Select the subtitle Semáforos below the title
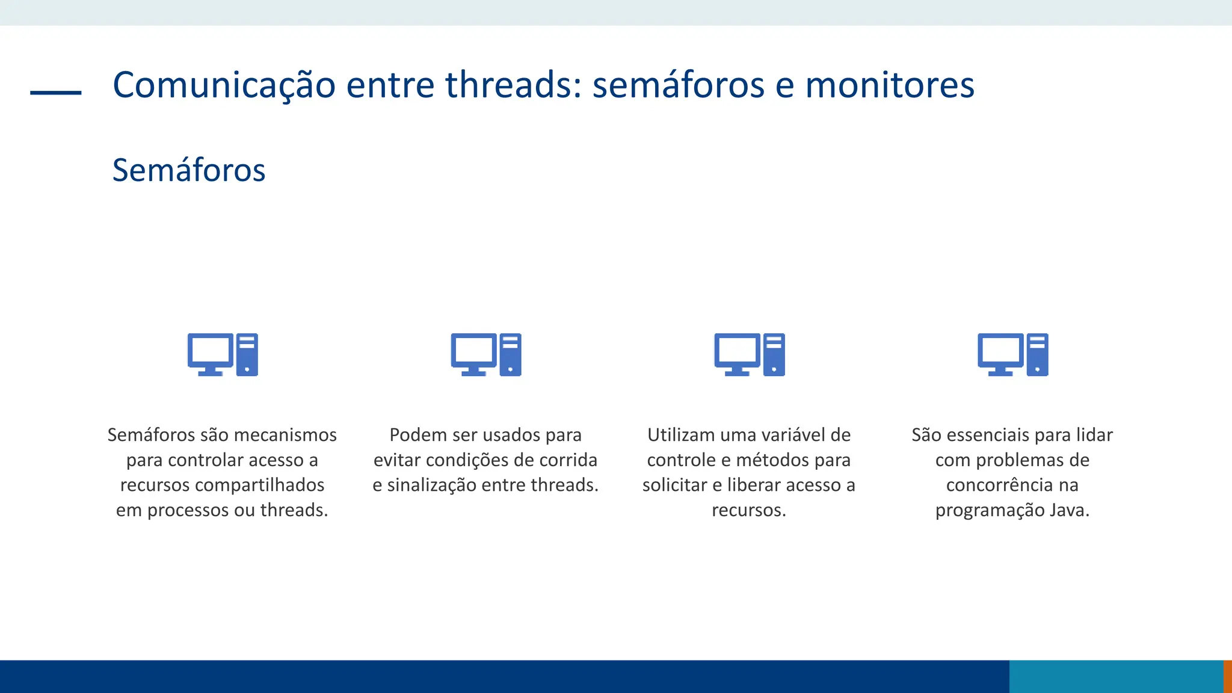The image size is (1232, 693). pos(189,170)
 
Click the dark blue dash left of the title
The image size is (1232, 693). pos(56,93)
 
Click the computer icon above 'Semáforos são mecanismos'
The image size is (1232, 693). pos(223,355)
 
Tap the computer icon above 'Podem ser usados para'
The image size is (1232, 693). pos(486,355)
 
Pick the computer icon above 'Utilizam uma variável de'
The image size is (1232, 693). pos(750,355)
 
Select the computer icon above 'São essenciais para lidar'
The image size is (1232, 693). pos(1013,355)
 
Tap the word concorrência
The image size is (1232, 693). pos(1000,485)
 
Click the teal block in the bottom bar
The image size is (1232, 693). pos(1116,676)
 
